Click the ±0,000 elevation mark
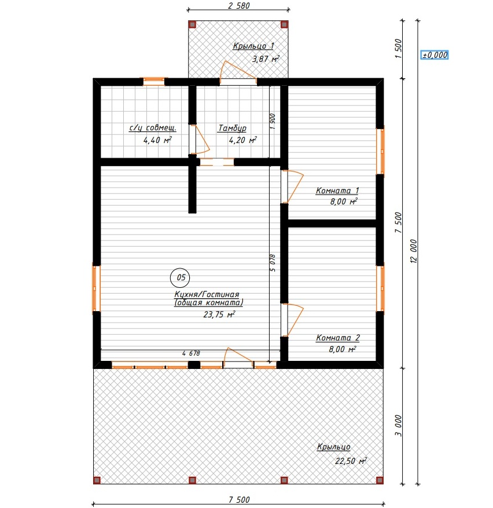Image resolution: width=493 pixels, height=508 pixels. pos(435,55)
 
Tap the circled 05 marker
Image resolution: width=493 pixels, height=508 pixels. pos(180,277)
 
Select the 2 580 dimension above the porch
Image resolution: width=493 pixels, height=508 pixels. pos(238,6)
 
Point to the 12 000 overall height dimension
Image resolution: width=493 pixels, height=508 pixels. pos(413,251)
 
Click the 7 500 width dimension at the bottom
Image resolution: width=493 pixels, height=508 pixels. pos(239,499)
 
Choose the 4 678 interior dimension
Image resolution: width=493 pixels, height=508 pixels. pos(191,353)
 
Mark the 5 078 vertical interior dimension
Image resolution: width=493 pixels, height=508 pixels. pos(273,263)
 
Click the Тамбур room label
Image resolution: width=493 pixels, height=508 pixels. pos(232,128)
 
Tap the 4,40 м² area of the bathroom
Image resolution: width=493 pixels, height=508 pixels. pos(157,140)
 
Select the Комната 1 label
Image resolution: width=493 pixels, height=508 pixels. pos(337,191)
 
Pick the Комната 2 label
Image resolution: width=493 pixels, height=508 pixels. pos(337,338)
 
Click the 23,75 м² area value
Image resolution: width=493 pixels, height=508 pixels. pos(219,315)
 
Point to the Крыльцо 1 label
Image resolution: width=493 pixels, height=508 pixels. pos(253,46)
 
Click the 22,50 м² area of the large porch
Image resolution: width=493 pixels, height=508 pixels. pos(351,461)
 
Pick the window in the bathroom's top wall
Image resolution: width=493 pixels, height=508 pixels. pos(154,81)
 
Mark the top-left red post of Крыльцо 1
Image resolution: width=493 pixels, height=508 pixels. pos(192,24)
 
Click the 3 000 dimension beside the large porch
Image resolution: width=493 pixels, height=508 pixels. pos(398,426)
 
